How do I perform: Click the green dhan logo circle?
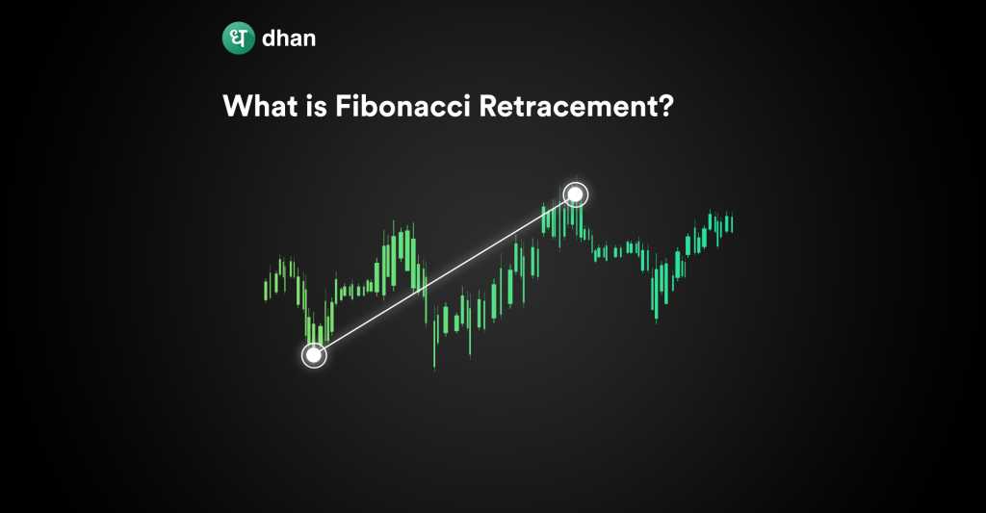coord(239,38)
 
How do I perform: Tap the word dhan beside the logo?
coord(289,38)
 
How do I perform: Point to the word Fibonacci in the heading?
coord(402,106)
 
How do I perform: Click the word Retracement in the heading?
coord(569,106)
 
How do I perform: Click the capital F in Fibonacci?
coord(344,106)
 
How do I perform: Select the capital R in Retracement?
coord(488,106)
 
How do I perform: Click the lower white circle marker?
coord(314,355)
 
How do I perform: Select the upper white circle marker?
coord(576,194)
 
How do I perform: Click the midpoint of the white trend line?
coord(445,274)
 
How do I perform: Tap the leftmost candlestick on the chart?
coord(266,290)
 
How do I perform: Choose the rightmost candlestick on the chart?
coord(732,223)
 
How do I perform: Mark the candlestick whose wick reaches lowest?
coord(434,343)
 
